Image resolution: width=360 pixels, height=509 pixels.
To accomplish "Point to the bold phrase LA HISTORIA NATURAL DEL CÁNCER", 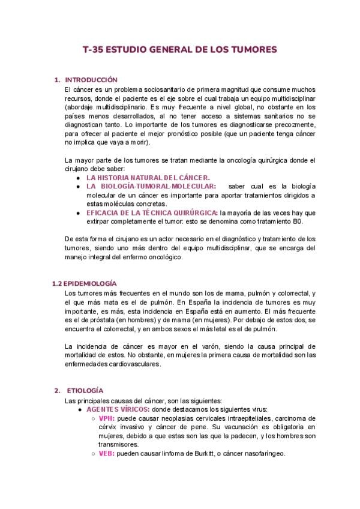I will [148, 178].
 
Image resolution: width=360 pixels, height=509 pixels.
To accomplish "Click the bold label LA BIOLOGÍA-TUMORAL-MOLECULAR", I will [151, 187].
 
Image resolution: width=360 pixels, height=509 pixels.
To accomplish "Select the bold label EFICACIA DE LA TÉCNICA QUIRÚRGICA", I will [152, 212].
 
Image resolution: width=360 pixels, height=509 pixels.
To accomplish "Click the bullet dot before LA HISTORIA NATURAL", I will [80, 178].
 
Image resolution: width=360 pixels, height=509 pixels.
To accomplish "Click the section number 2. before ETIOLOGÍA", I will [57, 390].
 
